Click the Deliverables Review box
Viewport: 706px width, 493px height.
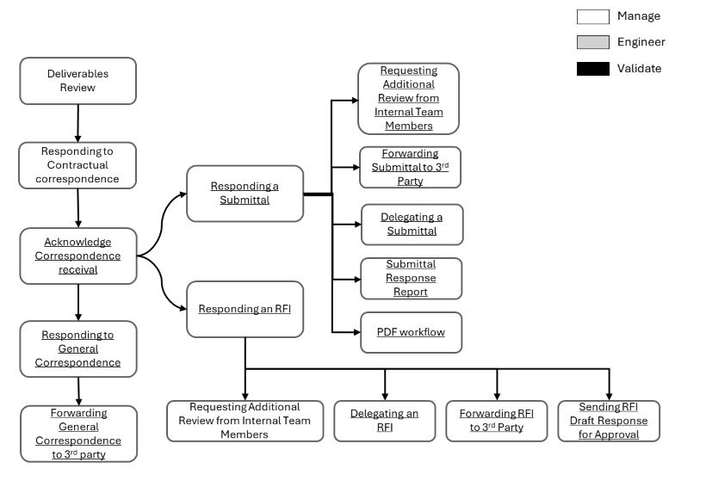pyautogui.click(x=78, y=81)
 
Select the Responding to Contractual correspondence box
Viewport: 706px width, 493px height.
pyautogui.click(x=78, y=165)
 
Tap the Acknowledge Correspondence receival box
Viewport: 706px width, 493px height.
pyautogui.click(x=78, y=256)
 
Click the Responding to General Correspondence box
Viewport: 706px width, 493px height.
pyautogui.click(x=78, y=348)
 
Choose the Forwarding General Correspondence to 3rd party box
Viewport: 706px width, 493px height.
pyautogui.click(x=78, y=434)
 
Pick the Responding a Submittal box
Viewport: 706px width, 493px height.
pyautogui.click(x=245, y=194)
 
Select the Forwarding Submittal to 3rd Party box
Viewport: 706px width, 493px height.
pyautogui.click(x=410, y=168)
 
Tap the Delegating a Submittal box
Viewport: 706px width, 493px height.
pyautogui.click(x=411, y=225)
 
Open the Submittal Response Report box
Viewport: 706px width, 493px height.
pyautogui.click(x=411, y=278)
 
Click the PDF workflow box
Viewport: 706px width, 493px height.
pyautogui.click(x=411, y=332)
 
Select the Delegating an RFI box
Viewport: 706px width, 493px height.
pyautogui.click(x=384, y=421)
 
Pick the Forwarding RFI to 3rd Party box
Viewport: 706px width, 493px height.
pyautogui.click(x=496, y=421)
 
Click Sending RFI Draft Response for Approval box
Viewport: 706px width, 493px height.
pyautogui.click(x=609, y=421)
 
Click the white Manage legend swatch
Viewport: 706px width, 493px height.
pyautogui.click(x=592, y=16)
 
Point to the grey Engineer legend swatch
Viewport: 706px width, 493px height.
pyautogui.click(x=592, y=42)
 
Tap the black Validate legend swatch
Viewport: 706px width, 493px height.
pyautogui.click(x=592, y=69)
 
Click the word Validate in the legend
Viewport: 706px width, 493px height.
pyautogui.click(x=639, y=69)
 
